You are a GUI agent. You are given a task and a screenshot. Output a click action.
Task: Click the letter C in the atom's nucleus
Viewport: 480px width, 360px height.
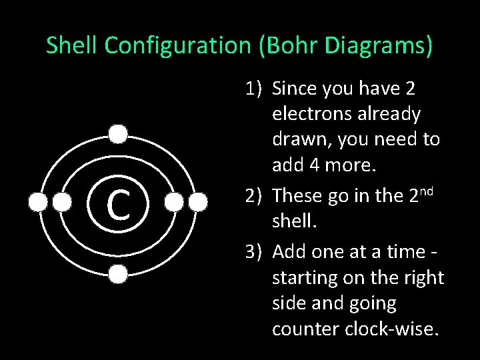coord(118,204)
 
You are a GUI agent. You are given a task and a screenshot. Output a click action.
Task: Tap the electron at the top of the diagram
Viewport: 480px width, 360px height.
coord(118,135)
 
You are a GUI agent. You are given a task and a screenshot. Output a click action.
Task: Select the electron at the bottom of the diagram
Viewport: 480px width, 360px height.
coord(118,273)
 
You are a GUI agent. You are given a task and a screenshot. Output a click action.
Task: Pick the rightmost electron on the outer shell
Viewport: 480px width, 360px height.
coord(197,202)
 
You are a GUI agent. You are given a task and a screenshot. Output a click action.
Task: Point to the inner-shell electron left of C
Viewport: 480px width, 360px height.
coord(63,202)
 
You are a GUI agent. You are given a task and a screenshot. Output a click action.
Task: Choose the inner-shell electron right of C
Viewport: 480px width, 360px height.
coord(173,202)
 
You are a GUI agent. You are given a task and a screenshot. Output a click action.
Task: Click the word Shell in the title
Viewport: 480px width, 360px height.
coord(72,45)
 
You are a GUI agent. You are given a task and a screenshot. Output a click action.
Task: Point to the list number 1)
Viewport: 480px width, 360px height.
coord(253,88)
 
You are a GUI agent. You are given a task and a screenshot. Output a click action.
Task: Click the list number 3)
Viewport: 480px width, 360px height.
coord(253,252)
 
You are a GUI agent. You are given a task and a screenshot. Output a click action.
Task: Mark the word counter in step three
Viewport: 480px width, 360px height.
coord(307,329)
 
